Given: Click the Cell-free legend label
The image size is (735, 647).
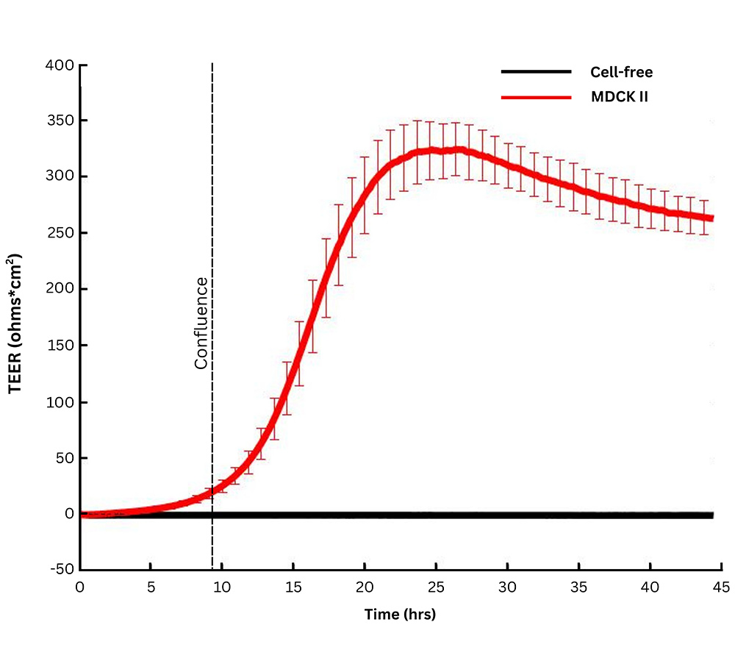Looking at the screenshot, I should pos(621,72).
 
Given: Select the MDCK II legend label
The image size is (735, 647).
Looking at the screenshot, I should pos(620,97).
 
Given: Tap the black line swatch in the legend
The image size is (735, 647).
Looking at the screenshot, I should pos(536,72).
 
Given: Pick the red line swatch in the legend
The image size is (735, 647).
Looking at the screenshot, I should pos(536,97).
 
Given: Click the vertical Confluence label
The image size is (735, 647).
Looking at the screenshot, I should pos(201,323).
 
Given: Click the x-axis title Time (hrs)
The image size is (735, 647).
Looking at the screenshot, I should pos(400,615).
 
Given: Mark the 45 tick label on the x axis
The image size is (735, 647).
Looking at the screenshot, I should pos(721,588).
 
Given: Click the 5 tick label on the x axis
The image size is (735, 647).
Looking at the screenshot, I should pos(151,588).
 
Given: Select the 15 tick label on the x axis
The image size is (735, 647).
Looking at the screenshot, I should pos(293,588).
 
